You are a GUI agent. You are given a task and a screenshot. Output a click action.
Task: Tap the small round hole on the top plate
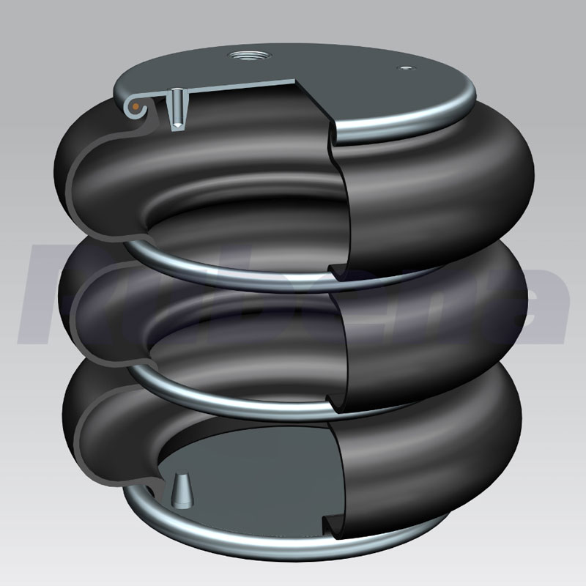[404, 69]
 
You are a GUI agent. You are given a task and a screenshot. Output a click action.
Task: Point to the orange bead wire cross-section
[135, 107]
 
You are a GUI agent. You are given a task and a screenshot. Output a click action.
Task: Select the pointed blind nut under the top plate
[177, 110]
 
